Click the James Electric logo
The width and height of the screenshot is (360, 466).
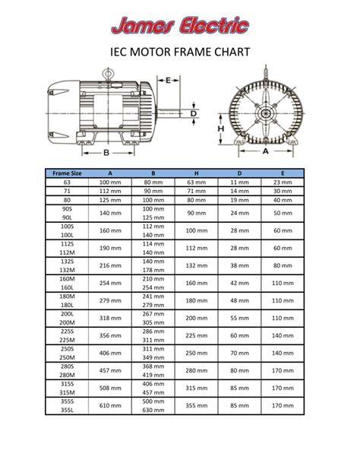pos(180,26)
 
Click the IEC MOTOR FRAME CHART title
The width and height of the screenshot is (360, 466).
pos(180,52)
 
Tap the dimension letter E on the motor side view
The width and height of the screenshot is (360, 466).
pos(168,81)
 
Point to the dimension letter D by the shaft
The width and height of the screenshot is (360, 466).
pos(194,113)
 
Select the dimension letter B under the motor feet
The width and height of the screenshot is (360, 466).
pos(106,153)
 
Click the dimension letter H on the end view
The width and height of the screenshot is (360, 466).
pos(221,128)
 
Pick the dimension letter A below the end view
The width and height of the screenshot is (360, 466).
pos(266,151)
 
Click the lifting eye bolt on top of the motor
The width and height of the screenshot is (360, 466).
pos(108,74)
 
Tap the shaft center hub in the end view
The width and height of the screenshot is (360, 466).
pos(265,113)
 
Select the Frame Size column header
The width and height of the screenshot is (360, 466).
pos(67,173)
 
